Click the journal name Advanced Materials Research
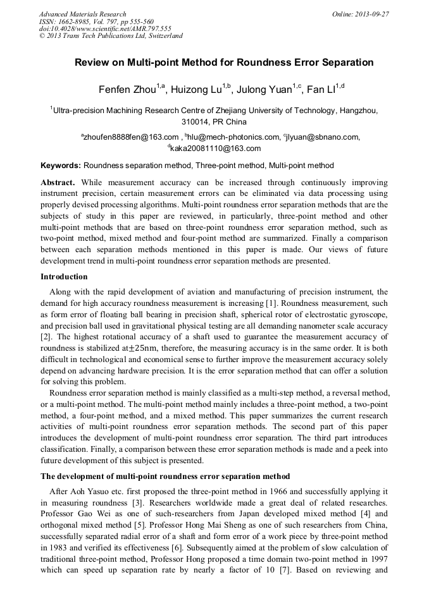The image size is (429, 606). pyautogui.click(x=82, y=14)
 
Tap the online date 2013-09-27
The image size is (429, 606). pyautogui.click(x=370, y=14)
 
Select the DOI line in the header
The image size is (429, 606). pyautogui.click(x=105, y=28)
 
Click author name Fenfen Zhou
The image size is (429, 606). pyautogui.click(x=127, y=90)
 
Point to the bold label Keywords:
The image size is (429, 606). pyautogui.click(x=61, y=166)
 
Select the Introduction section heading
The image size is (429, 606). pyautogui.click(x=64, y=277)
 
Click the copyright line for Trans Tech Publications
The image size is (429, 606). pyautogui.click(x=111, y=36)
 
